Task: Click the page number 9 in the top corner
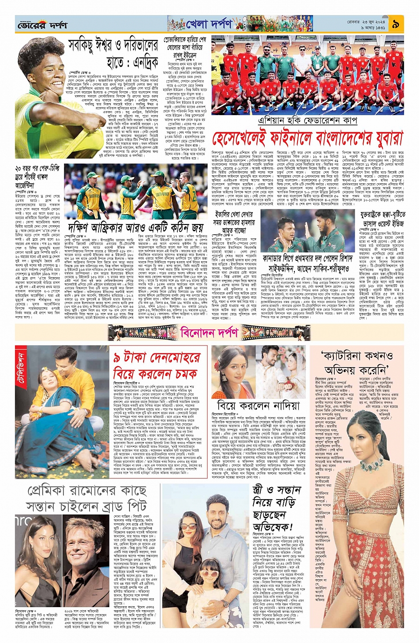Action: [395, 24]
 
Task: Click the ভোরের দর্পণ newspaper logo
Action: [42, 25]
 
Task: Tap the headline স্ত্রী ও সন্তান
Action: [277, 490]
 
